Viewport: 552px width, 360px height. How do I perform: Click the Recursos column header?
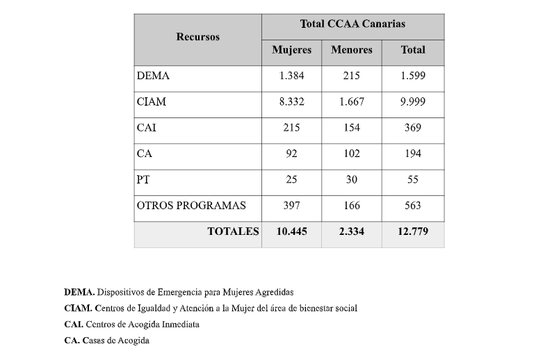[197, 37]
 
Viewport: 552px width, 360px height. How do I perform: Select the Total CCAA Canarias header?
[352, 24]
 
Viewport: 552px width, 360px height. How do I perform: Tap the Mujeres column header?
[291, 50]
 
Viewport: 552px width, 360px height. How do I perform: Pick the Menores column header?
[351, 50]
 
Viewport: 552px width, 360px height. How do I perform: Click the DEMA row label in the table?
[153, 76]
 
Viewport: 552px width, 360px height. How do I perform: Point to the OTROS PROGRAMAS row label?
[191, 206]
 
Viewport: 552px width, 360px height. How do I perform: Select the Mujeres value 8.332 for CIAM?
[291, 102]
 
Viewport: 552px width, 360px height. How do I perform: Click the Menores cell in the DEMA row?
[351, 76]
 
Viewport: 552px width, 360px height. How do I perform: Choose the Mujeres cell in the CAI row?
[291, 128]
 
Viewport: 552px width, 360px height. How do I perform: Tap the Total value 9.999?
[412, 102]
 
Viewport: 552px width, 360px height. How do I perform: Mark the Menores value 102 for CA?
[351, 154]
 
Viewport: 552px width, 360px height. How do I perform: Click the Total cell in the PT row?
[412, 179]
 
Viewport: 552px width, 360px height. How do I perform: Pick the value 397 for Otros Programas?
[291, 206]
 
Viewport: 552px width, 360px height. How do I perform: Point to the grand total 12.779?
[412, 231]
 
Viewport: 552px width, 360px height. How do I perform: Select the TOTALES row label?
[233, 231]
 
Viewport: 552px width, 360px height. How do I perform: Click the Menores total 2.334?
[351, 231]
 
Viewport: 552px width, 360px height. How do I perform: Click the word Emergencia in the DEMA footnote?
[176, 292]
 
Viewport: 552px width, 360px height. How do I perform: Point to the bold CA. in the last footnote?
[71, 341]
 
